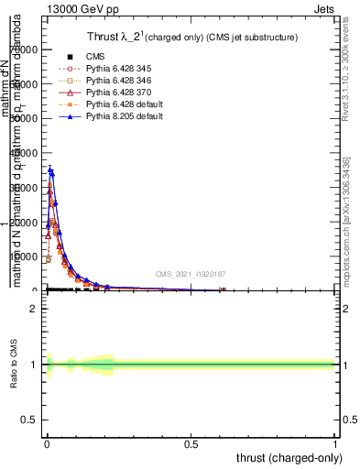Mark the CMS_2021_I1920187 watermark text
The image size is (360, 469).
click(x=191, y=274)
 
